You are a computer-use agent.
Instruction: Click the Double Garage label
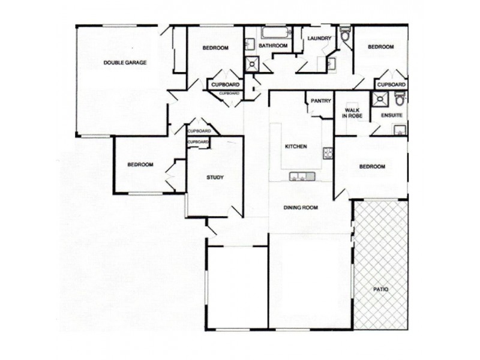click(x=125, y=63)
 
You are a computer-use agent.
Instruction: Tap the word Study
click(x=215, y=177)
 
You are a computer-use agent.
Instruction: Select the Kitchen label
click(x=296, y=146)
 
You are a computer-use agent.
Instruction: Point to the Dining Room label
click(x=301, y=208)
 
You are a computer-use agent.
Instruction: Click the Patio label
click(x=381, y=289)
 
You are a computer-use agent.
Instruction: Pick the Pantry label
click(x=321, y=101)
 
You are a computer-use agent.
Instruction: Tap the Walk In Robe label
click(x=353, y=113)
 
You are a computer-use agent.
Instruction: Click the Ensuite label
click(x=392, y=115)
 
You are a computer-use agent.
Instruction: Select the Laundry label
click(x=319, y=38)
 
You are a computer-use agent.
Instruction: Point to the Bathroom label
click(x=273, y=46)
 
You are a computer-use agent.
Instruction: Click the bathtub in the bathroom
click(x=275, y=32)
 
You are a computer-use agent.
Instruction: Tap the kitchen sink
click(x=302, y=176)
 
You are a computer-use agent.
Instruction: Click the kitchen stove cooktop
click(x=328, y=153)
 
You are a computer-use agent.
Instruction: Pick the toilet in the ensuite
click(x=400, y=98)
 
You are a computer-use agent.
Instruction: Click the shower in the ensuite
click(x=380, y=99)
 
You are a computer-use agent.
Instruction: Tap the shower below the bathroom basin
click(x=252, y=64)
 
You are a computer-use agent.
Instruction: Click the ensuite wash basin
click(x=399, y=130)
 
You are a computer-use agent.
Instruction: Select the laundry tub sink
click(x=331, y=64)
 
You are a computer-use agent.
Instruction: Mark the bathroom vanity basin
click(x=250, y=44)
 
